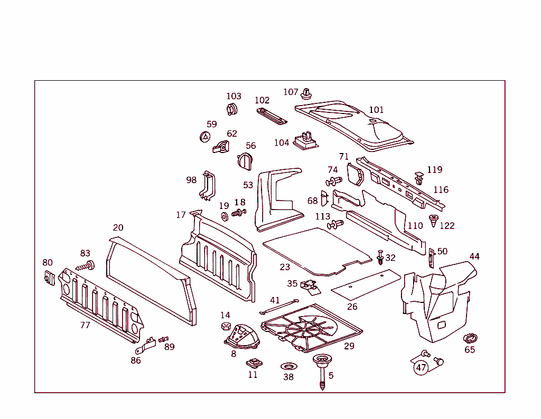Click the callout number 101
pyautogui.click(x=376, y=110)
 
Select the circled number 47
pyautogui.click(x=421, y=368)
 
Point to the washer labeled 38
pyautogui.click(x=288, y=366)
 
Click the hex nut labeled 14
pyautogui.click(x=225, y=326)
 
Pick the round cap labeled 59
pyautogui.click(x=204, y=136)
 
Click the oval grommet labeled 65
pyautogui.click(x=469, y=338)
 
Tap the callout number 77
pyautogui.click(x=85, y=325)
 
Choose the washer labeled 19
pyautogui.click(x=224, y=216)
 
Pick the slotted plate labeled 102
pyautogui.click(x=272, y=116)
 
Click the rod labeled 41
pyautogui.click(x=279, y=305)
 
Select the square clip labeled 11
pyautogui.click(x=253, y=363)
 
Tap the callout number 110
pyautogui.click(x=415, y=225)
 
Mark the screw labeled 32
pyautogui.click(x=380, y=257)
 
